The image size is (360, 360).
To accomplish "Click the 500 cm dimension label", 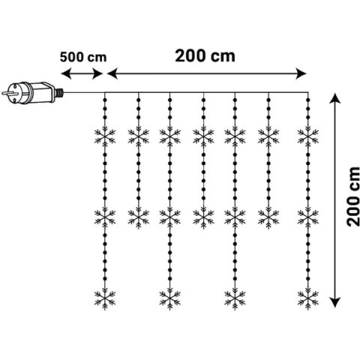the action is coord(83,57).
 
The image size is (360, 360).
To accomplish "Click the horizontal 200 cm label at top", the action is coord(205,55).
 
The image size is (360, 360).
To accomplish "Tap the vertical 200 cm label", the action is coord(353,196).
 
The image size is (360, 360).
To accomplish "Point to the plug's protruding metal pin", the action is coord(8,93).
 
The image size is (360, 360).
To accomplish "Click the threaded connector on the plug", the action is coord(59,93).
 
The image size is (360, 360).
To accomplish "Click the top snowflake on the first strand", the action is coord(105,136).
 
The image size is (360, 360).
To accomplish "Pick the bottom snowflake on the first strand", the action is coord(105,299).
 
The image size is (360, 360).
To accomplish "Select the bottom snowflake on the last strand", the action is coord(308,299).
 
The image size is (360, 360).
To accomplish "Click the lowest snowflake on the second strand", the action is coord(139,217).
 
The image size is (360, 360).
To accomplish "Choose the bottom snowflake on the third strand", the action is coord(170,299).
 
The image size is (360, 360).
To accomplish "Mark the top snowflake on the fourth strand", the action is coord(203,136).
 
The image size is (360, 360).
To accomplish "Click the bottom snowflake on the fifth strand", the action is coord(235,299).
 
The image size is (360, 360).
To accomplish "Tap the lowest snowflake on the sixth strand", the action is coord(268,217).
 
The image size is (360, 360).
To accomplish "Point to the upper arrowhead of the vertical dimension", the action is coord(335,98).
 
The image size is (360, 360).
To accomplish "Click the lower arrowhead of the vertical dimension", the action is coord(335,301).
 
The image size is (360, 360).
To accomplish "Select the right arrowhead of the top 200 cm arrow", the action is coord(301,73).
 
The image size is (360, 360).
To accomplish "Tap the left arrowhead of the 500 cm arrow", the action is coord(66,73).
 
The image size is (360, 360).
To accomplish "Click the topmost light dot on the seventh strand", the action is coord(308,100).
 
